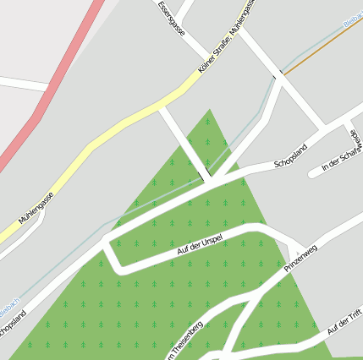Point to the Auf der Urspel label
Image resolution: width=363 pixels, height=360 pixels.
200,243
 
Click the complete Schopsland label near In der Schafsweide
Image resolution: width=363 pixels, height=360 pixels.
289,156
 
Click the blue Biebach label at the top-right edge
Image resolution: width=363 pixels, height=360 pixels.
353,20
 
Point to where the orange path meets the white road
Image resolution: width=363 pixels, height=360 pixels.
282,74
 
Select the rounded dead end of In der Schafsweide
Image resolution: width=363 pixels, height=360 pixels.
313,173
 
